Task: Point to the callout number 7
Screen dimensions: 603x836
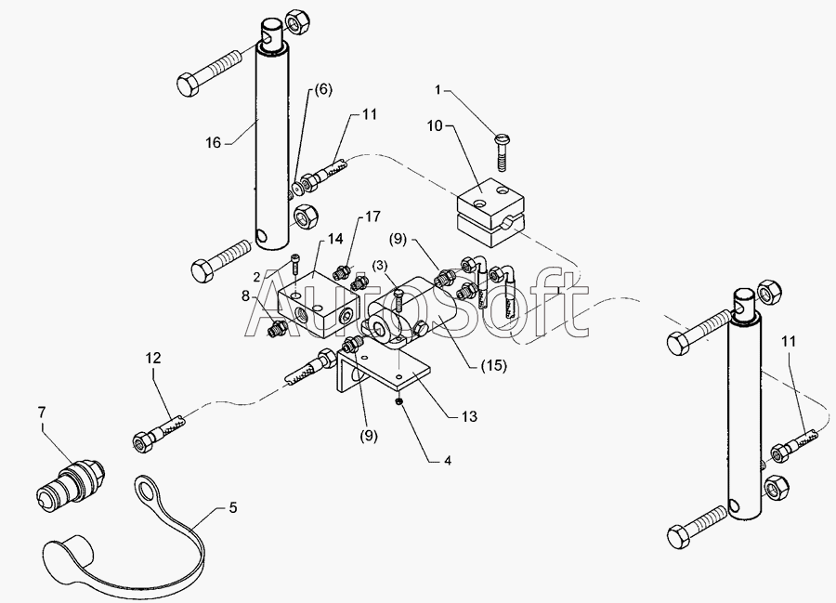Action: tap(41, 410)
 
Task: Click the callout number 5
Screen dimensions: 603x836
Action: tap(233, 508)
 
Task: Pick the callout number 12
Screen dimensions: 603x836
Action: tap(153, 357)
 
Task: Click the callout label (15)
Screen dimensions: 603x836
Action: tap(493, 365)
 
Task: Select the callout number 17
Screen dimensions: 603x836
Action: tap(372, 217)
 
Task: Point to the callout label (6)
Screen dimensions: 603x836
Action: tap(321, 89)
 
